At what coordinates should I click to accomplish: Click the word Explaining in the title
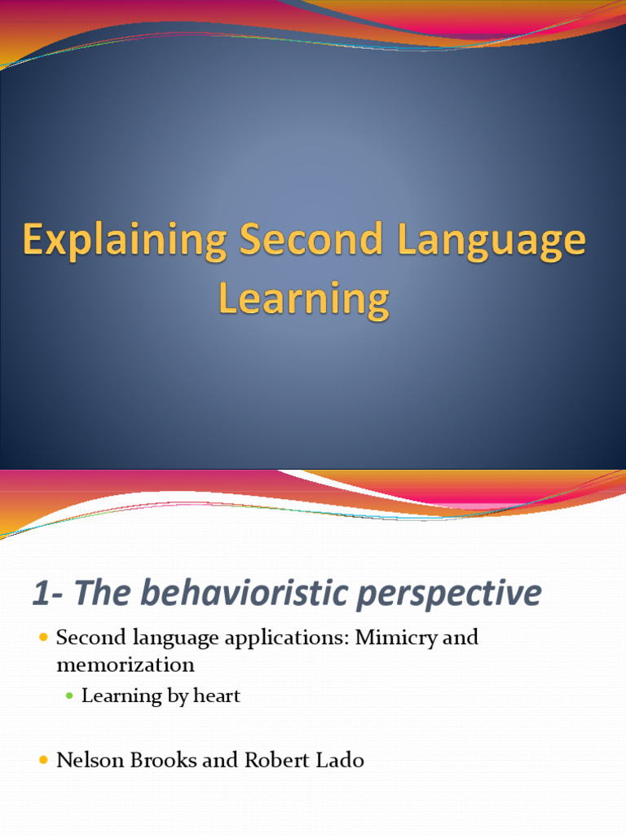click(x=124, y=241)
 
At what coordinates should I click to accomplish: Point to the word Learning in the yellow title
click(x=303, y=299)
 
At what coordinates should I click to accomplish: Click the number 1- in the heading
click(x=47, y=593)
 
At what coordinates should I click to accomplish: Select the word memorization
click(x=125, y=665)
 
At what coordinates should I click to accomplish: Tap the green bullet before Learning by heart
click(x=70, y=696)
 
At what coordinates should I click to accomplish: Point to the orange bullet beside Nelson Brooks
click(x=44, y=761)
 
